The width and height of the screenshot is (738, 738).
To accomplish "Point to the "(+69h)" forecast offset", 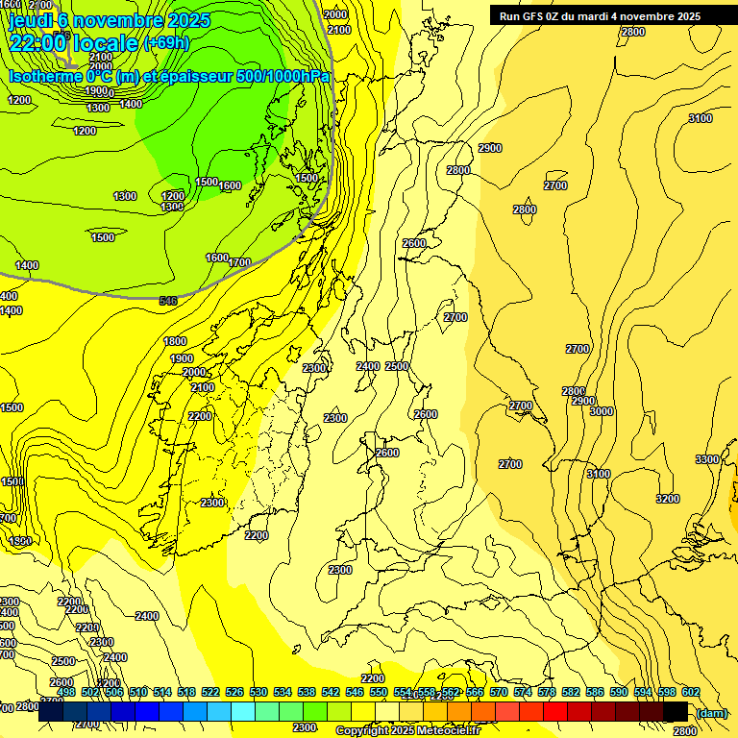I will pos(166,43).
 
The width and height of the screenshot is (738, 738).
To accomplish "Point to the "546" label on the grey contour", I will pos(168,301).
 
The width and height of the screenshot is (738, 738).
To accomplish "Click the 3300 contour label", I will pos(707,459).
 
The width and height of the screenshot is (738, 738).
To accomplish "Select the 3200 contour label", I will pos(668,499).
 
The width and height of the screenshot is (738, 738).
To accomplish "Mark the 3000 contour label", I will pos(602,411).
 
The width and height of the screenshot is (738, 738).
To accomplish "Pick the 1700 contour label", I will pos(239,262).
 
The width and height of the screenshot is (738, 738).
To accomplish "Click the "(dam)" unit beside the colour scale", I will pos(711,712).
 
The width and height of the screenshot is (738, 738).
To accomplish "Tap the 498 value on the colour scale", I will pos(66,692).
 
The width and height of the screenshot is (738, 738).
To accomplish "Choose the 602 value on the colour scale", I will pos(691,692).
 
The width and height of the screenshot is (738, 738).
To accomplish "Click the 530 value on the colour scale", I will pos(258,692).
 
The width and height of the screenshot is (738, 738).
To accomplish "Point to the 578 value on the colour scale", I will pos(547,692).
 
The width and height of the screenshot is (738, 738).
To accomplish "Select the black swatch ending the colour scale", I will pos(676,712).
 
